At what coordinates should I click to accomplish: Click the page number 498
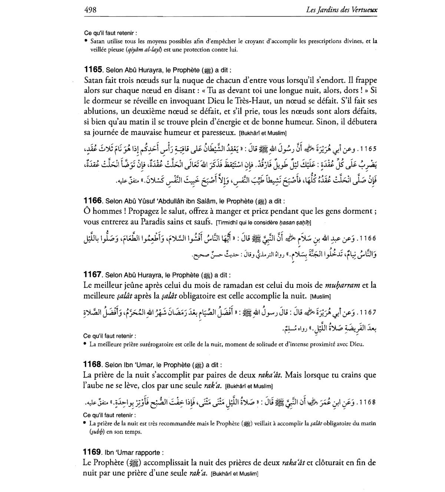(90, 10)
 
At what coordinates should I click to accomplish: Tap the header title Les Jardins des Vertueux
(342, 10)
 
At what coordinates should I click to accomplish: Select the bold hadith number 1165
(93, 70)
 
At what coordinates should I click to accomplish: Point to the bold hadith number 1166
(93, 201)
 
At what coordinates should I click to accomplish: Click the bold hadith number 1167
(93, 275)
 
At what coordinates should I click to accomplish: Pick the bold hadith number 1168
(93, 365)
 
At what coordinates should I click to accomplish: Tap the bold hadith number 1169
(93, 452)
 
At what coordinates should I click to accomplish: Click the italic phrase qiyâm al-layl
(142, 49)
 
